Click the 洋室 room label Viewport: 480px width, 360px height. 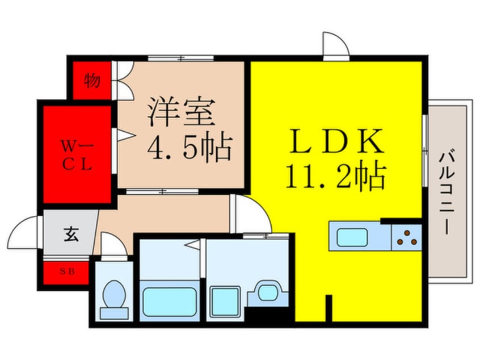tap(181, 112)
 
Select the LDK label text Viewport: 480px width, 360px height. tap(336, 141)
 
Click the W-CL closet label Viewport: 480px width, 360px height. tap(77, 155)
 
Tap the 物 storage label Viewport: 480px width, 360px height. tap(92, 80)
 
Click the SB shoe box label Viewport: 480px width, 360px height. tap(67, 271)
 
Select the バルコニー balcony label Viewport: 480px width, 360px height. tap(447, 191)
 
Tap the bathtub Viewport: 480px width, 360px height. tap(170, 302)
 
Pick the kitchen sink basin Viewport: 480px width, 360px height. tap(352, 237)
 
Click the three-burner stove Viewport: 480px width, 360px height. tap(407, 238)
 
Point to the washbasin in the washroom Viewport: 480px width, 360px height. tap(268, 292)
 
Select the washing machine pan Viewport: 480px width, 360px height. tap(225, 302)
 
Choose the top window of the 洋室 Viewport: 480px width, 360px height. tap(180, 58)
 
